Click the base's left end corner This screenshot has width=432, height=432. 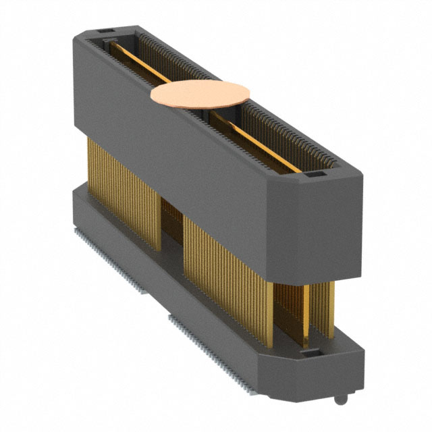76,202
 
